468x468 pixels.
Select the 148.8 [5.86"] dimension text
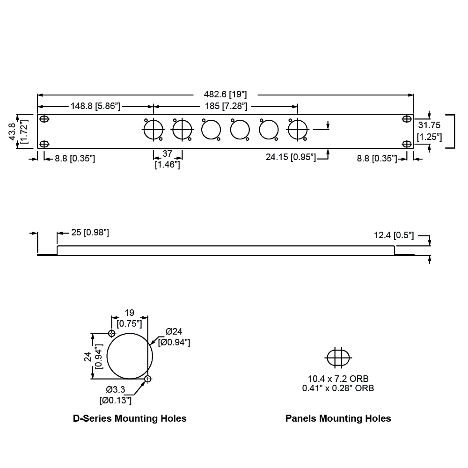pos(95,106)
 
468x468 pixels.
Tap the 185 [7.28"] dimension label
pos(226,106)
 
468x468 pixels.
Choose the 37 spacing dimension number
pos(167,154)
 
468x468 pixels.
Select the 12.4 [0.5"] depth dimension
pos(394,235)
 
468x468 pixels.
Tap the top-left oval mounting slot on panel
pos(44,119)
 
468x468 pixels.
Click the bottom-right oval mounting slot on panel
pos(407,144)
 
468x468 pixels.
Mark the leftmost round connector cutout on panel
pos(153,129)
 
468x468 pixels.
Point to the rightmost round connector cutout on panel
pos(297,129)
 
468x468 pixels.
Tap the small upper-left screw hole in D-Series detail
pos(111,333)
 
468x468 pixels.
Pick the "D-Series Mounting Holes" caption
pos(130,418)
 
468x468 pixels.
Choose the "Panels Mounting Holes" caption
pos(338,418)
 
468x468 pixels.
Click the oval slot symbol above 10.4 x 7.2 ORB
pos(337,358)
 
